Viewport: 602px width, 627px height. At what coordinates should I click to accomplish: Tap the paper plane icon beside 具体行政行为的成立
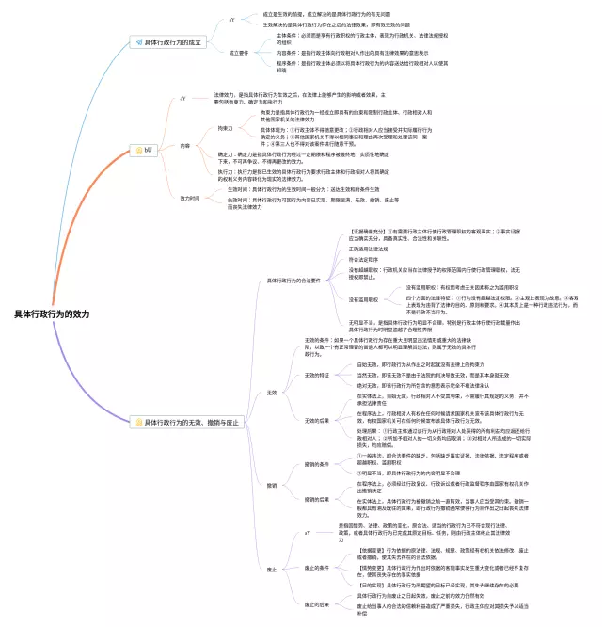[x=137, y=42]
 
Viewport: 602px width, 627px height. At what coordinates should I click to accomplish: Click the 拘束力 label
[x=225, y=127]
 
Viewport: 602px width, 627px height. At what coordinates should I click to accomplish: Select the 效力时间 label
[x=190, y=198]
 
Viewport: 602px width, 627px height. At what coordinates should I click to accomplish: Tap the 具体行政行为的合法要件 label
[x=293, y=280]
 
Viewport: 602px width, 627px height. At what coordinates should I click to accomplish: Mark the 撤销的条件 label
[x=317, y=464]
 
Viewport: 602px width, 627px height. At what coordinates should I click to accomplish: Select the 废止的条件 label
[x=317, y=568]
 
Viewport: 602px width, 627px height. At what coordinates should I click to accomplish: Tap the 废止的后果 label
[x=317, y=603]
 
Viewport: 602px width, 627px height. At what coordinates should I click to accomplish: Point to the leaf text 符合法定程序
[x=363, y=259]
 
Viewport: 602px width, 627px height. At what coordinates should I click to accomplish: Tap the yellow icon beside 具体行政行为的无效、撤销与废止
[x=137, y=423]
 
